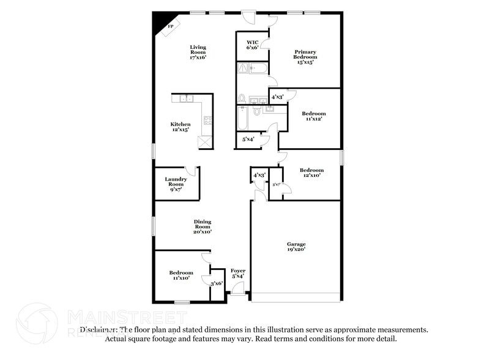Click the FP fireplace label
point(171,27)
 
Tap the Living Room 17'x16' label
point(198,52)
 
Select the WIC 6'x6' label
point(253,44)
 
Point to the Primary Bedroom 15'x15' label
point(305,57)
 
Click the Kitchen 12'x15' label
point(180,127)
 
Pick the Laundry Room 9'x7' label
point(176,184)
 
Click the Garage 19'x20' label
point(296,247)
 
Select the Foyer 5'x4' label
point(237,274)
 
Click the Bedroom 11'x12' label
point(314,117)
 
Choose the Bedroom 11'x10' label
point(181,276)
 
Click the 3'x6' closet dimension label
point(216,284)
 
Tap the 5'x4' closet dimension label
point(248,140)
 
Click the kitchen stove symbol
point(207,121)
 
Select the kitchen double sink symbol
point(186,98)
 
